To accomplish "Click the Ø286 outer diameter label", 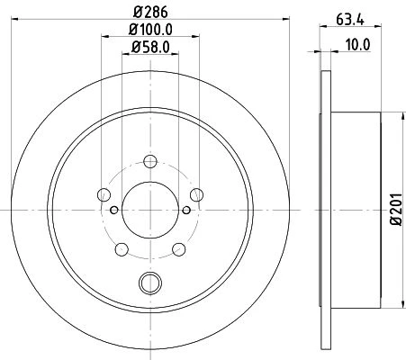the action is (150, 13).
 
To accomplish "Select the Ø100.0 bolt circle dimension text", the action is (150, 30).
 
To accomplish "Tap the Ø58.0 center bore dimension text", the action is (150, 47).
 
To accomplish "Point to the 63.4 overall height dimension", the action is (350, 20).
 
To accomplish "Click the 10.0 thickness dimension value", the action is (358, 45).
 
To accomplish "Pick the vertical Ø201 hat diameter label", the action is (396, 210).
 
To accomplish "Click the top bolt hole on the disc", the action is (150, 161).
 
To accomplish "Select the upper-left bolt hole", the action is (104, 194).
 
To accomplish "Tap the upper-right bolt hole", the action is (197, 194).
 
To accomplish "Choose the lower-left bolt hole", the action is (122, 249).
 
